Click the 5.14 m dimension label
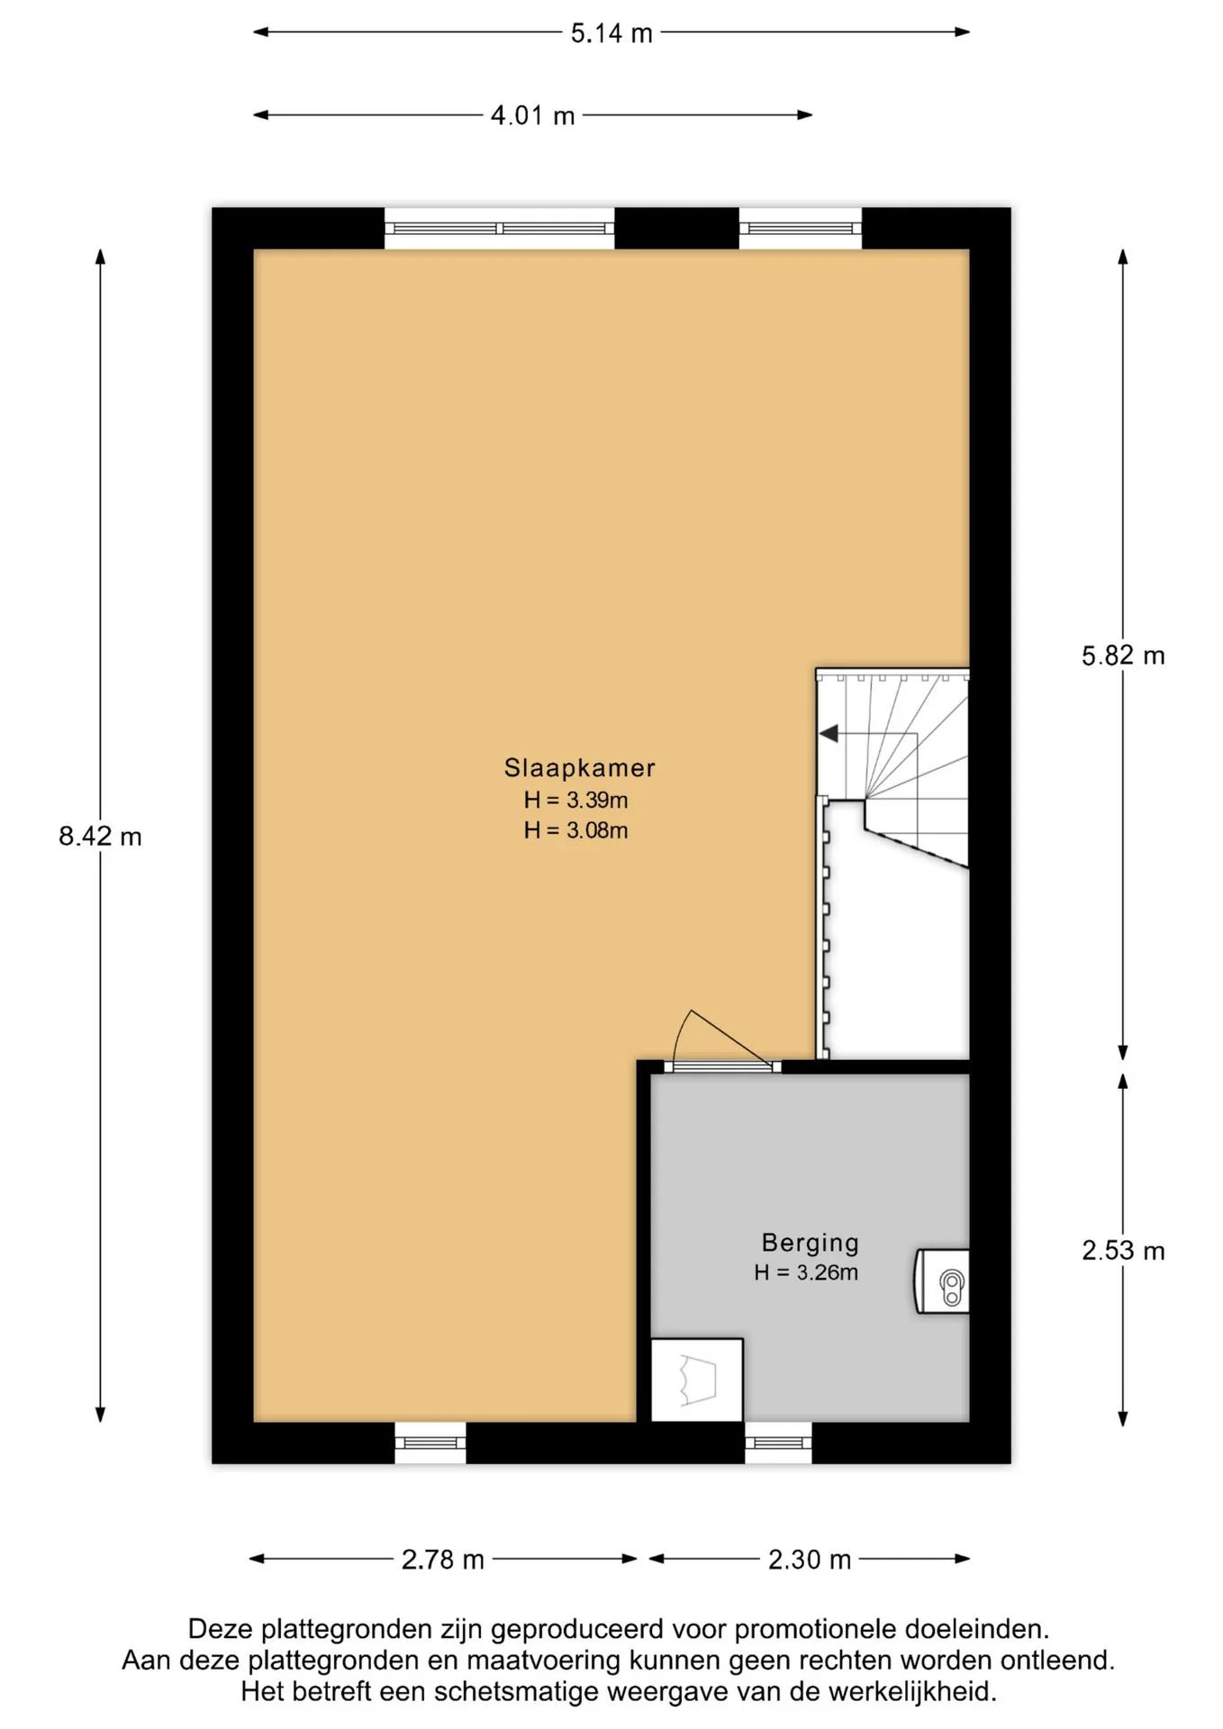pos(611,33)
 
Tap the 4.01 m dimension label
pos(532,116)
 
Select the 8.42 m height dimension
pos(100,837)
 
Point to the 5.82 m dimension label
pos(1123,656)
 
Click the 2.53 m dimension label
pos(1123,1251)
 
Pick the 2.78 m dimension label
pos(443,1560)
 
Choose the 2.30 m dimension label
pos(810,1560)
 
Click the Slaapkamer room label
pos(579,768)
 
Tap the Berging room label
pos(811,1244)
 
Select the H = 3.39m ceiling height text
pos(576,800)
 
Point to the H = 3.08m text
pos(576,830)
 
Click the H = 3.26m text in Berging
pos(806,1272)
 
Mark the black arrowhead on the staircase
pos(829,734)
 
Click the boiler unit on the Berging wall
pos(943,1281)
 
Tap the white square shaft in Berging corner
pos(697,1380)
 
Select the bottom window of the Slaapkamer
pos(430,1443)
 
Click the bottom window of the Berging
pos(778,1443)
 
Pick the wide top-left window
pos(500,229)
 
